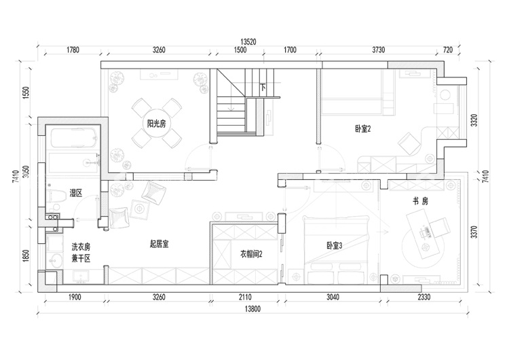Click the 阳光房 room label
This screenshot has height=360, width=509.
[157, 124]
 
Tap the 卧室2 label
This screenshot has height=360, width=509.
[363, 129]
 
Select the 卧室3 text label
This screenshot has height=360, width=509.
[335, 246]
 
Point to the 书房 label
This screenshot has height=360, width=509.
[420, 202]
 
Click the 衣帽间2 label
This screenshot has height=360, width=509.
[251, 254]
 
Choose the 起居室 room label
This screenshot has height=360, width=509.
[159, 244]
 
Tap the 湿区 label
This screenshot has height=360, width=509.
[76, 194]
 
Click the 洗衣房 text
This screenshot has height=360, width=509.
[81, 247]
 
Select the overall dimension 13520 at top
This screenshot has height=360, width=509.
[248, 42]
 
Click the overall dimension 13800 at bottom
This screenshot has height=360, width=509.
[252, 309]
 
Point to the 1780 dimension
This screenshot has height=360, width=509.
[73, 50]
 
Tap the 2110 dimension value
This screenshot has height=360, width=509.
[245, 297]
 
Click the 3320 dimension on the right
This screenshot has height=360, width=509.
[474, 120]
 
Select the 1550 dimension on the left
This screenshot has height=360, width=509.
[26, 92]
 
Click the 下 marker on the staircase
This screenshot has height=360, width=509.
[263, 87]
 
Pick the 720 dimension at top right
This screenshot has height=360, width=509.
[448, 50]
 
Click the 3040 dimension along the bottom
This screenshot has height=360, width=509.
[333, 297]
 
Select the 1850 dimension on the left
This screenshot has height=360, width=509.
[26, 255]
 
